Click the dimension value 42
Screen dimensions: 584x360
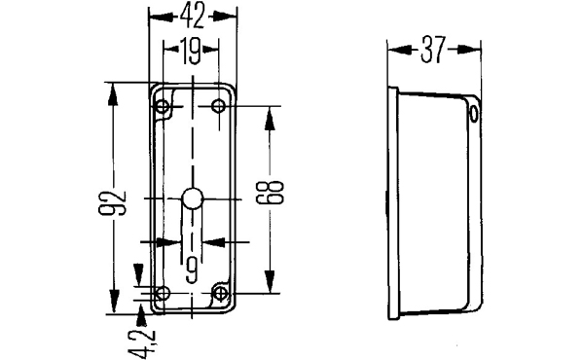click(193, 17)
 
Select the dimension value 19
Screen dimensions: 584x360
click(192, 50)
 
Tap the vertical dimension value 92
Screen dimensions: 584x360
click(113, 203)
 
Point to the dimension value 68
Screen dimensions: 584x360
click(271, 192)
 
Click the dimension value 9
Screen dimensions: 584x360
click(192, 270)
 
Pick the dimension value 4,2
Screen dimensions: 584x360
click(142, 343)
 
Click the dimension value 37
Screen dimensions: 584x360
click(433, 50)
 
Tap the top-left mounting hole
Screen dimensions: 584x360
click(162, 107)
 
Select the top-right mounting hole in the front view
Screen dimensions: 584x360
click(218, 106)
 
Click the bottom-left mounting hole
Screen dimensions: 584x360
click(163, 294)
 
